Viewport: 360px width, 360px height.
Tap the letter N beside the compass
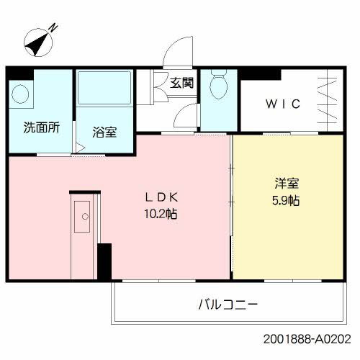pos(53,28)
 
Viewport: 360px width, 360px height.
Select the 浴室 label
pos(105,132)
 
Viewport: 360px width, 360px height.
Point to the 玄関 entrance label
pos(181,83)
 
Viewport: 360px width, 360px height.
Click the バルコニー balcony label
pos(228,304)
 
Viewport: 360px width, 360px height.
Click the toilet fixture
pos(217,88)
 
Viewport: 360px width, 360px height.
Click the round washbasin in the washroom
pos(21,94)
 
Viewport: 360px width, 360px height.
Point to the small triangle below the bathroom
pos(81,150)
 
